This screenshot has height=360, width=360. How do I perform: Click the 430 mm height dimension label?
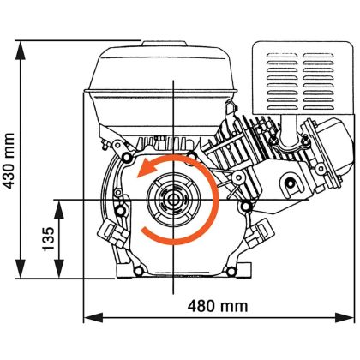pyautogui.click(x=9, y=159)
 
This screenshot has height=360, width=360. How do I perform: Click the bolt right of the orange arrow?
pyautogui.click(x=247, y=206)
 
